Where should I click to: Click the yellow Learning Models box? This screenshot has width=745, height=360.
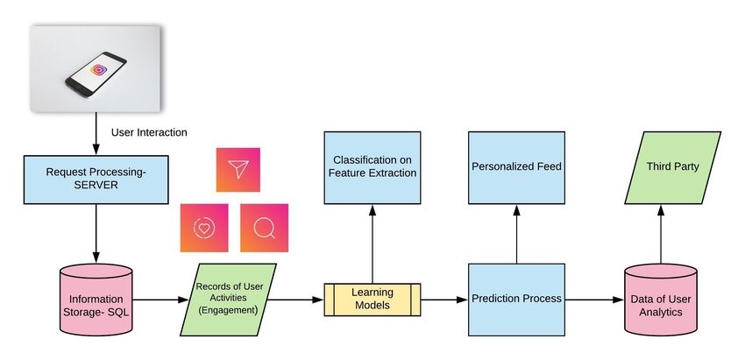click(373, 299)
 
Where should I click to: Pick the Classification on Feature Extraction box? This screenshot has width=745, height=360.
click(373, 167)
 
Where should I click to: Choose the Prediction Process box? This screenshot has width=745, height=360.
click(516, 299)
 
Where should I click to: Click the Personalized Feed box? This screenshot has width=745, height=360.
click(516, 166)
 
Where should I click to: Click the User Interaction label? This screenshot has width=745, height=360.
click(149, 132)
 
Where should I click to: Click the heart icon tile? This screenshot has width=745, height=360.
click(203, 227)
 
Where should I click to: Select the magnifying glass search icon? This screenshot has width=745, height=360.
click(264, 227)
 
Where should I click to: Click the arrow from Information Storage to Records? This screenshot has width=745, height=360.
click(160, 300)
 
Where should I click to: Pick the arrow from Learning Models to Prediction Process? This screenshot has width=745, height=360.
click(443, 300)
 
